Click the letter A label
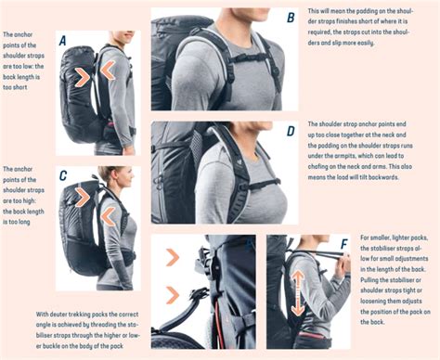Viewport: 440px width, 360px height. pos(62,41)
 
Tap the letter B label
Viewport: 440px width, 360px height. pos(290,18)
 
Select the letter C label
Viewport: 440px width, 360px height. pos(62,175)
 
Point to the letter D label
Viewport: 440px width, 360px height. pos(290,132)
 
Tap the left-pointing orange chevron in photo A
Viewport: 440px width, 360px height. pos(109,71)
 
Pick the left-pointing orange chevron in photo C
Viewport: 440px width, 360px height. pos(108,215)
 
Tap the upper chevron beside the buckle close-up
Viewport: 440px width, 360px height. pos(173,257)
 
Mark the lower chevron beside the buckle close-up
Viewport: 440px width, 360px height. pos(173,296)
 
